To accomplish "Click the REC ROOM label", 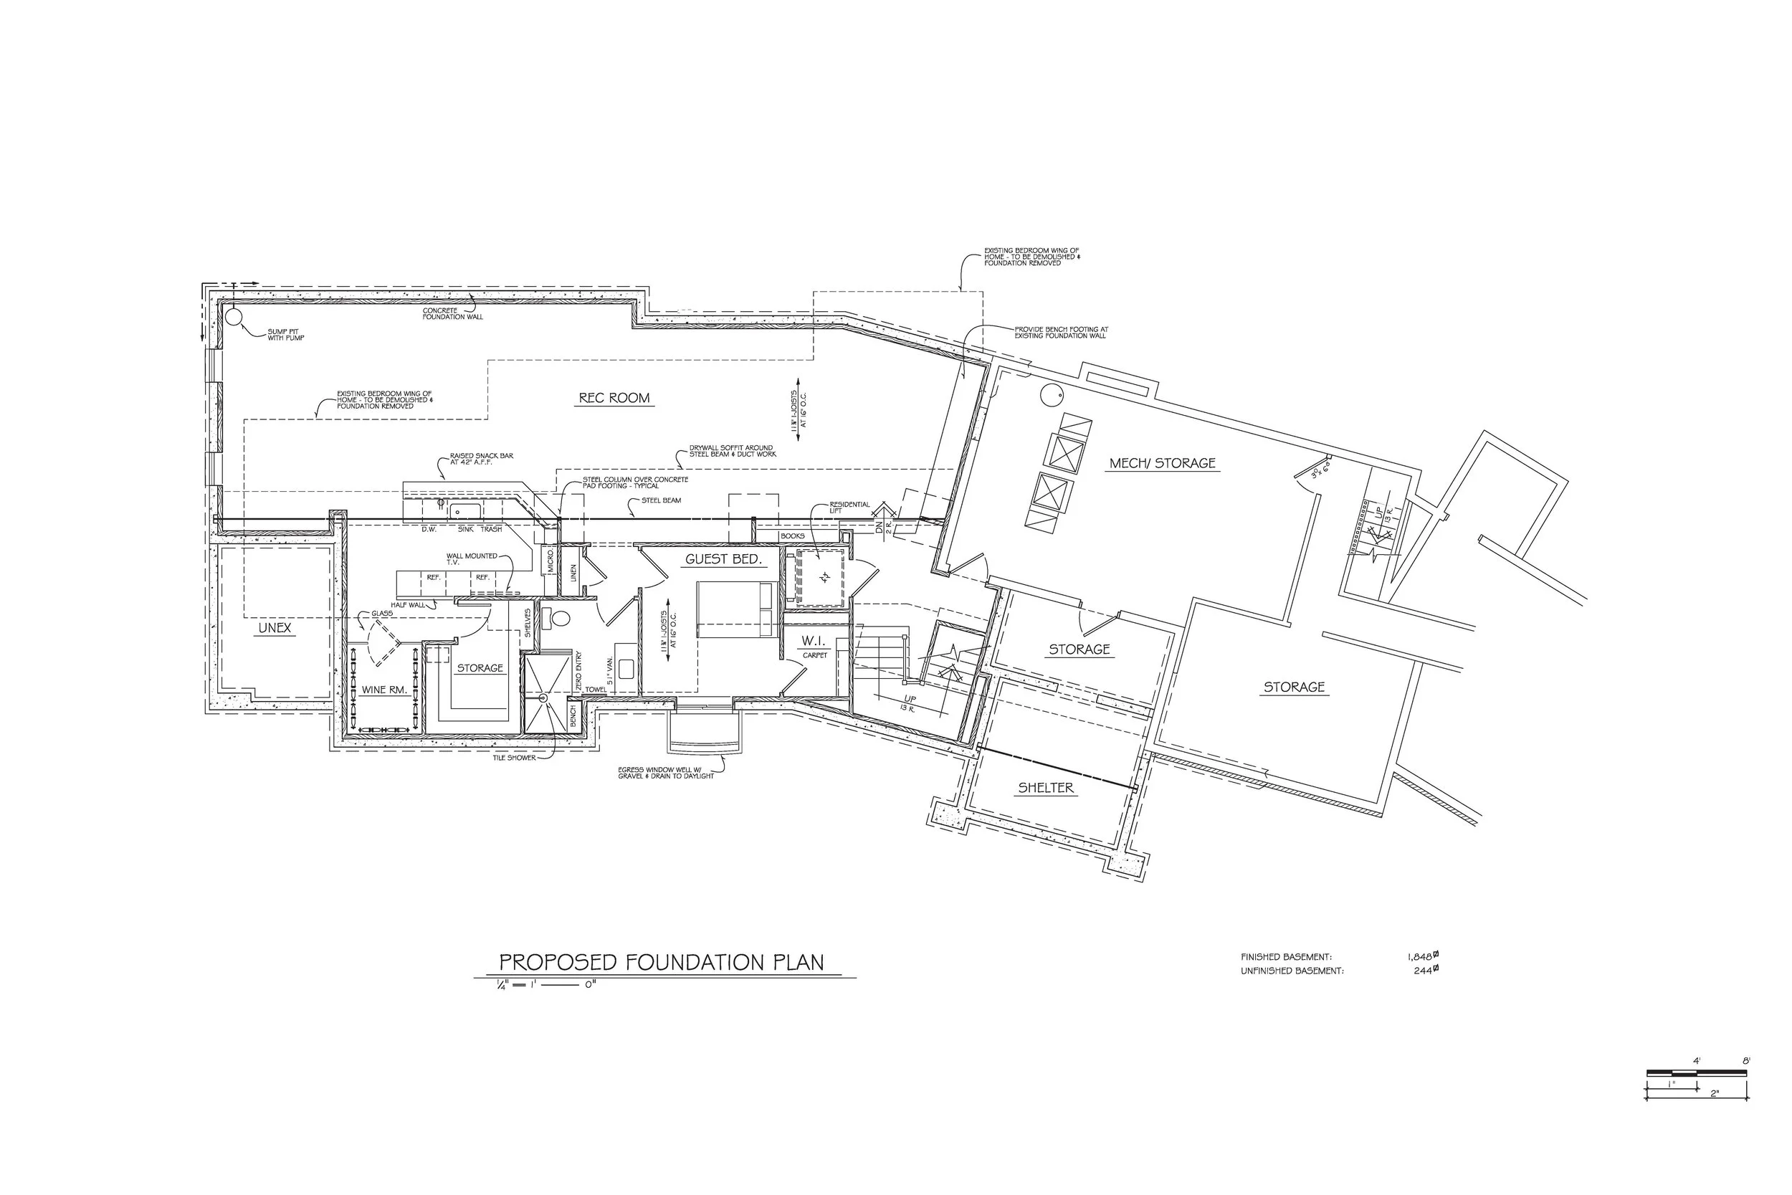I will [614, 398].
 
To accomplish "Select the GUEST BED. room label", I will [723, 559].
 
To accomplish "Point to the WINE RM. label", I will [384, 690].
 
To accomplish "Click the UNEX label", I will [275, 628].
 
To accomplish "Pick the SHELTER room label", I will [1045, 788].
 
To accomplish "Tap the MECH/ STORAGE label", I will [1162, 462].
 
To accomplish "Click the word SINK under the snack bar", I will [465, 529].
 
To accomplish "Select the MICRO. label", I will [551, 563].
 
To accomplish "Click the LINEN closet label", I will [573, 572].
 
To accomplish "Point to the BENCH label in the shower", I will [573, 716].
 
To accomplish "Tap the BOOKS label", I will [792, 535].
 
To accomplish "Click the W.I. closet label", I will [813, 642].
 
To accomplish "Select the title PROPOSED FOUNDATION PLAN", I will [662, 962].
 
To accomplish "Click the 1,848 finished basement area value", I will [1421, 956].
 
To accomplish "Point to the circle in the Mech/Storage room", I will [1052, 394].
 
